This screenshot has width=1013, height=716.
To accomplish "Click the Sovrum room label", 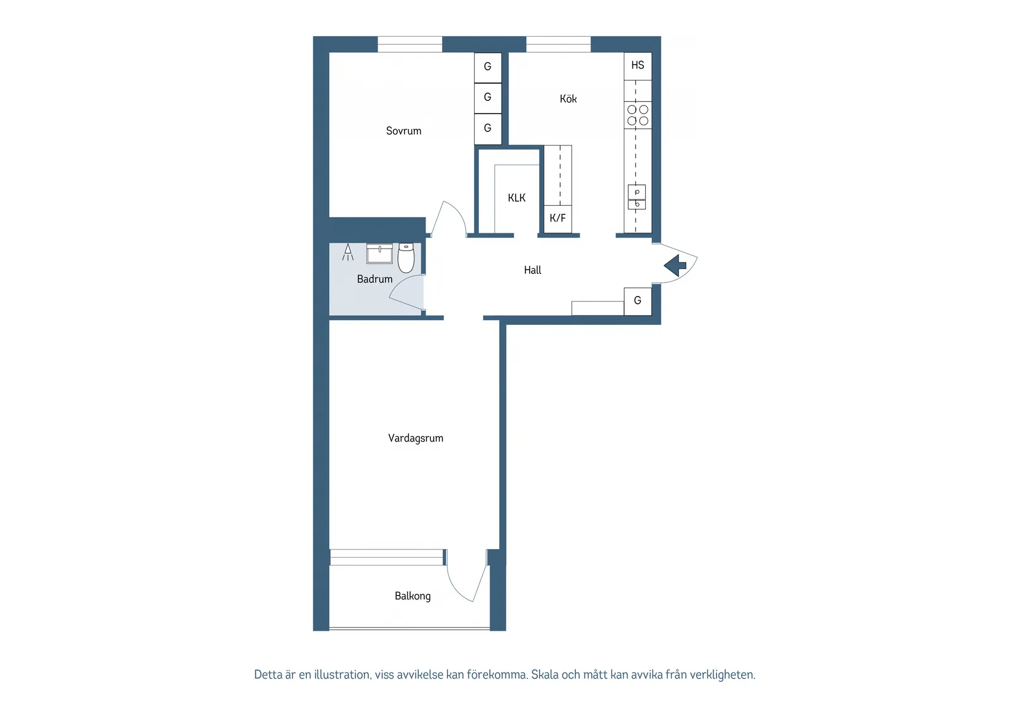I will click(x=403, y=131).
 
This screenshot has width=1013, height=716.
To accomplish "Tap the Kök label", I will click(x=568, y=99).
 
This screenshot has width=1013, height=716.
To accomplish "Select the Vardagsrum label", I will click(x=416, y=438).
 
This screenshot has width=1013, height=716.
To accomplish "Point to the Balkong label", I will click(x=413, y=596).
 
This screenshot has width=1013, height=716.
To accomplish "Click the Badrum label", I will click(x=375, y=279).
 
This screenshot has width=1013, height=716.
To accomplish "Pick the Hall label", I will click(x=532, y=270).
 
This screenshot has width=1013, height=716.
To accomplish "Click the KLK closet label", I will click(x=516, y=198).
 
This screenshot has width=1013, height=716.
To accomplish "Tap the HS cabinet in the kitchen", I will click(x=637, y=65).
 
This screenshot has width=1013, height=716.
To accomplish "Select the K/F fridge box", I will click(x=557, y=218).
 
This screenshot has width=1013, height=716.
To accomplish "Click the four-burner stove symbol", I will click(x=637, y=115).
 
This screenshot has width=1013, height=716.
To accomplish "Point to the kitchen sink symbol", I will click(x=637, y=197).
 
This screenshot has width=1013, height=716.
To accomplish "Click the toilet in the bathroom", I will click(x=406, y=257).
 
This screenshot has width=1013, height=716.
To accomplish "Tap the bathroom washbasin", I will click(x=379, y=253).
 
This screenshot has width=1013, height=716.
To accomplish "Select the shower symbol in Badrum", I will click(x=348, y=252).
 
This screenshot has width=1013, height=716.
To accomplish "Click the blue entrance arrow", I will click(x=675, y=265).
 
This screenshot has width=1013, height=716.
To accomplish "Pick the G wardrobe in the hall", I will click(x=637, y=301).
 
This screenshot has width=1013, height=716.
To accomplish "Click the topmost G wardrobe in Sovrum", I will click(x=487, y=67).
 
